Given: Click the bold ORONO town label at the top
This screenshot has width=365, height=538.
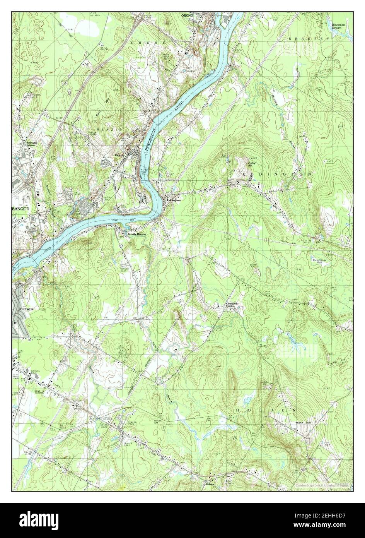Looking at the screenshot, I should (187, 15).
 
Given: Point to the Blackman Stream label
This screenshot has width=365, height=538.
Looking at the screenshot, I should (338, 26).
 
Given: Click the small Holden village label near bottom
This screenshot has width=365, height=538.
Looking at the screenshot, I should (210, 484).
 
